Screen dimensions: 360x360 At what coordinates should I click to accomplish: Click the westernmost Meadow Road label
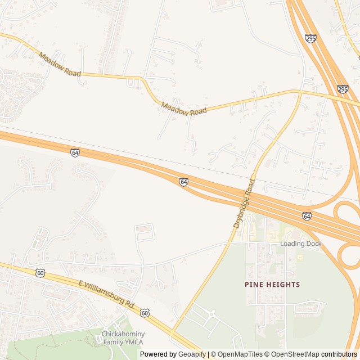pyautogui.click(x=60, y=65)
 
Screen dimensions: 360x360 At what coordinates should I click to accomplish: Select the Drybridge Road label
pyautogui.click(x=244, y=204)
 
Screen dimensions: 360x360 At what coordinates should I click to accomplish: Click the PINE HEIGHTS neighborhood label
pyautogui.click(x=272, y=285)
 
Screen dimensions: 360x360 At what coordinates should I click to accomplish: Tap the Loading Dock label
pyautogui.click(x=301, y=244)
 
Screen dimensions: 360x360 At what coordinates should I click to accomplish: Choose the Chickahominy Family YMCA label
pyautogui.click(x=123, y=338)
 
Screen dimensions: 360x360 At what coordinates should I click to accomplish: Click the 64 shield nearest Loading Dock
pyautogui.click(x=307, y=216)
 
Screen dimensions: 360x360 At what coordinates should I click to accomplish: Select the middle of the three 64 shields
pyautogui.click(x=184, y=182)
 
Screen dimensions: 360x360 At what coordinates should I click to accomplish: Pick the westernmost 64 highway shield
pyautogui.click(x=75, y=152)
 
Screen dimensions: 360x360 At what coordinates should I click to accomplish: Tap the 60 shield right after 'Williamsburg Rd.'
pyautogui.click(x=145, y=312)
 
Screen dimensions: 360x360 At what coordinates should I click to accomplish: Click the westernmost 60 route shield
pyautogui.click(x=40, y=273)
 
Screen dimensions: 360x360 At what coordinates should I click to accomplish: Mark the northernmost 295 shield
pyautogui.click(x=310, y=38)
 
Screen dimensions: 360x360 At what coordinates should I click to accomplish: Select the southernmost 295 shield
pyautogui.click(x=343, y=89)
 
